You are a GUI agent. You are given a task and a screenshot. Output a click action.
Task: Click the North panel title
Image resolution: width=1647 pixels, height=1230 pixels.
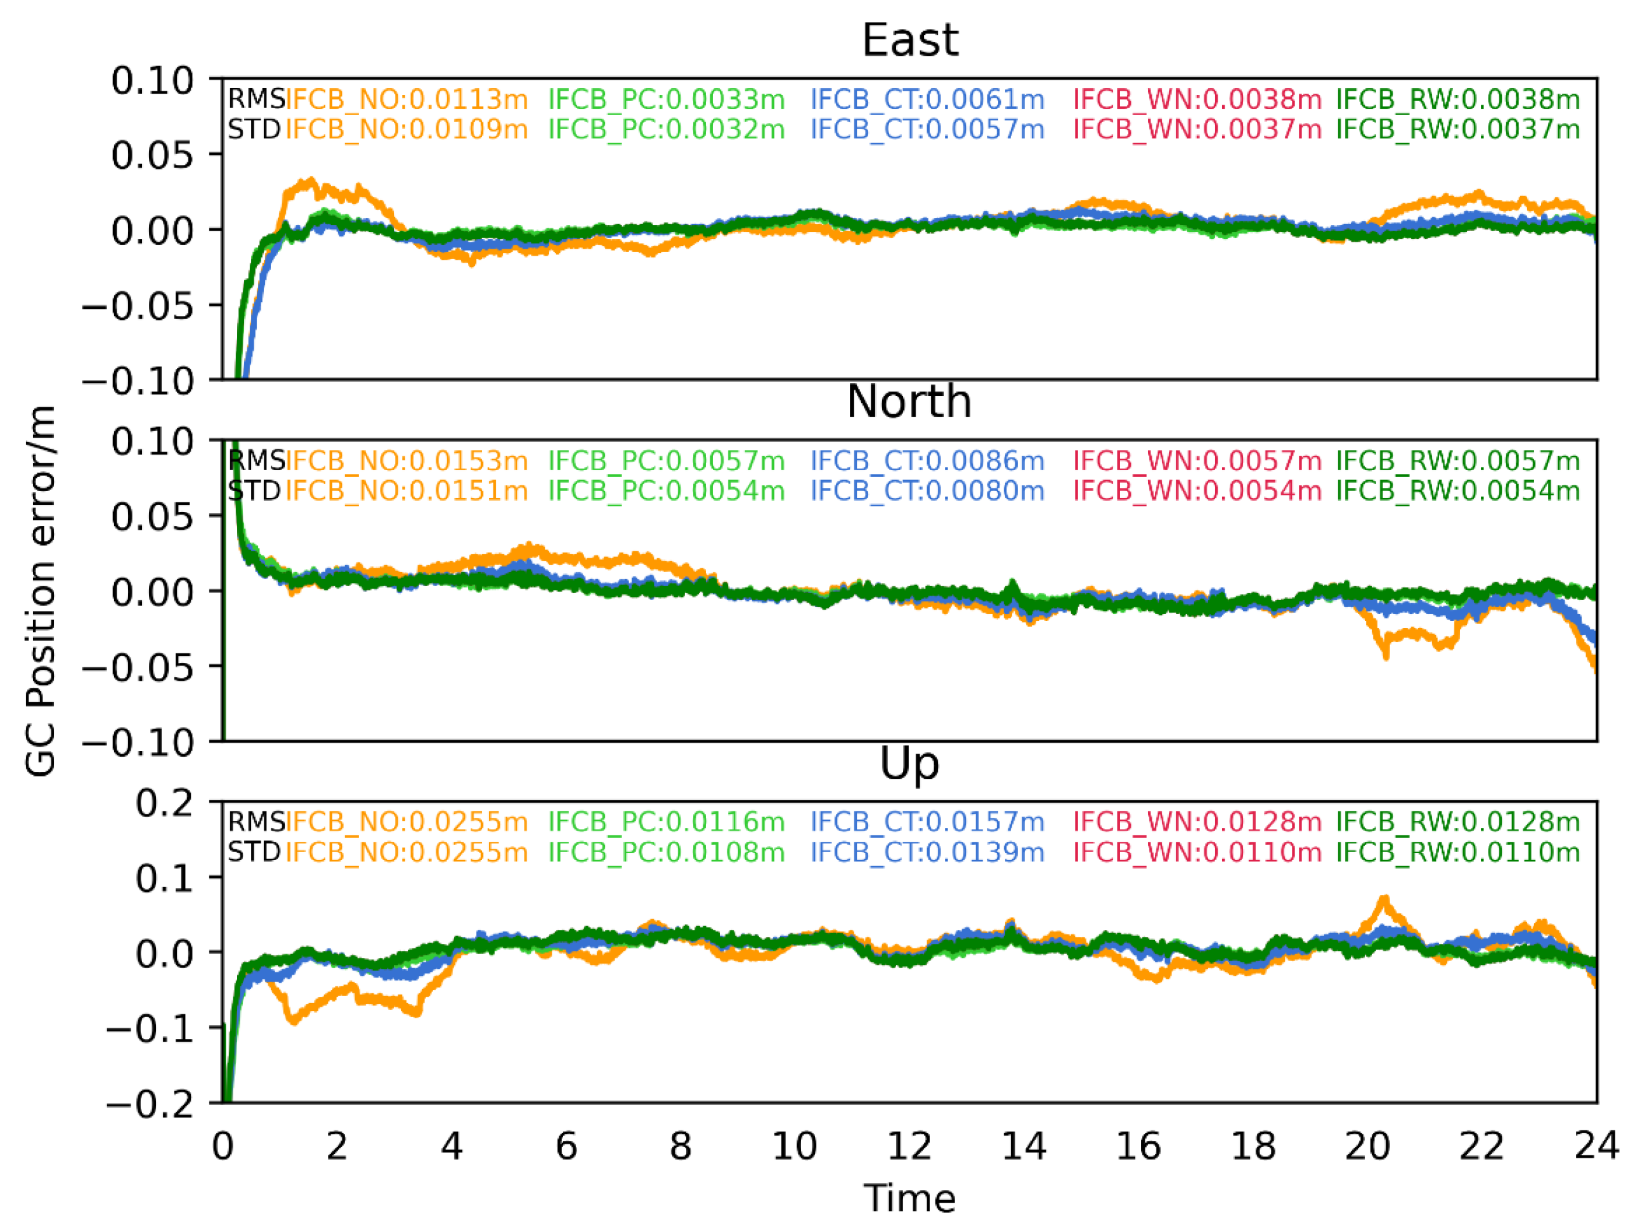pos(909,402)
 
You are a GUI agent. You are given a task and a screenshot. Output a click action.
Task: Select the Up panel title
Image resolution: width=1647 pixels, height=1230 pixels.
pos(909,763)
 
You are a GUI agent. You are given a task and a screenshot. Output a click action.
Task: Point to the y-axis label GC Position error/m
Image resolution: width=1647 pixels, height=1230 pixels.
pos(41,591)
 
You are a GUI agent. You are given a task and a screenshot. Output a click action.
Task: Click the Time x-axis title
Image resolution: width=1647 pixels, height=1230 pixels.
pos(909,1199)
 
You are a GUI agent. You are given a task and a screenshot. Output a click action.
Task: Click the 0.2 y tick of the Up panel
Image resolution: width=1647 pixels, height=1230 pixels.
pos(164,803)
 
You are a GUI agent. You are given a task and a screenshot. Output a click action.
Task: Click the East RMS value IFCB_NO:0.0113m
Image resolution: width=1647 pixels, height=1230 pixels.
pos(407,99)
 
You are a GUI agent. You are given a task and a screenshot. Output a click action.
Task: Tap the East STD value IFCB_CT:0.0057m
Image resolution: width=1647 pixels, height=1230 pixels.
pos(927,129)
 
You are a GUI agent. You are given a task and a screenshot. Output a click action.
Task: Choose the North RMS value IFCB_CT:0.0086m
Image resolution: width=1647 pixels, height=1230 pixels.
pos(927,461)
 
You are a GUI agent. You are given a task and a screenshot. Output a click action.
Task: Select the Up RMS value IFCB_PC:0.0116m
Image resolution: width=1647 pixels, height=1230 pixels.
pos(667,822)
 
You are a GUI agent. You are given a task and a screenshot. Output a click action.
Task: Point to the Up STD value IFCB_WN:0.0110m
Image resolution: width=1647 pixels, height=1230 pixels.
pos(1197,853)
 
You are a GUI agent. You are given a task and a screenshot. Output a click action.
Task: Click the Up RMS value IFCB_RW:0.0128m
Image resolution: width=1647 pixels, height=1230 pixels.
pos(1458,822)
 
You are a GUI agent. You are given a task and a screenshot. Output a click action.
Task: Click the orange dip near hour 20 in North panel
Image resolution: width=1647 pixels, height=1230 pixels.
pos(1385,655)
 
